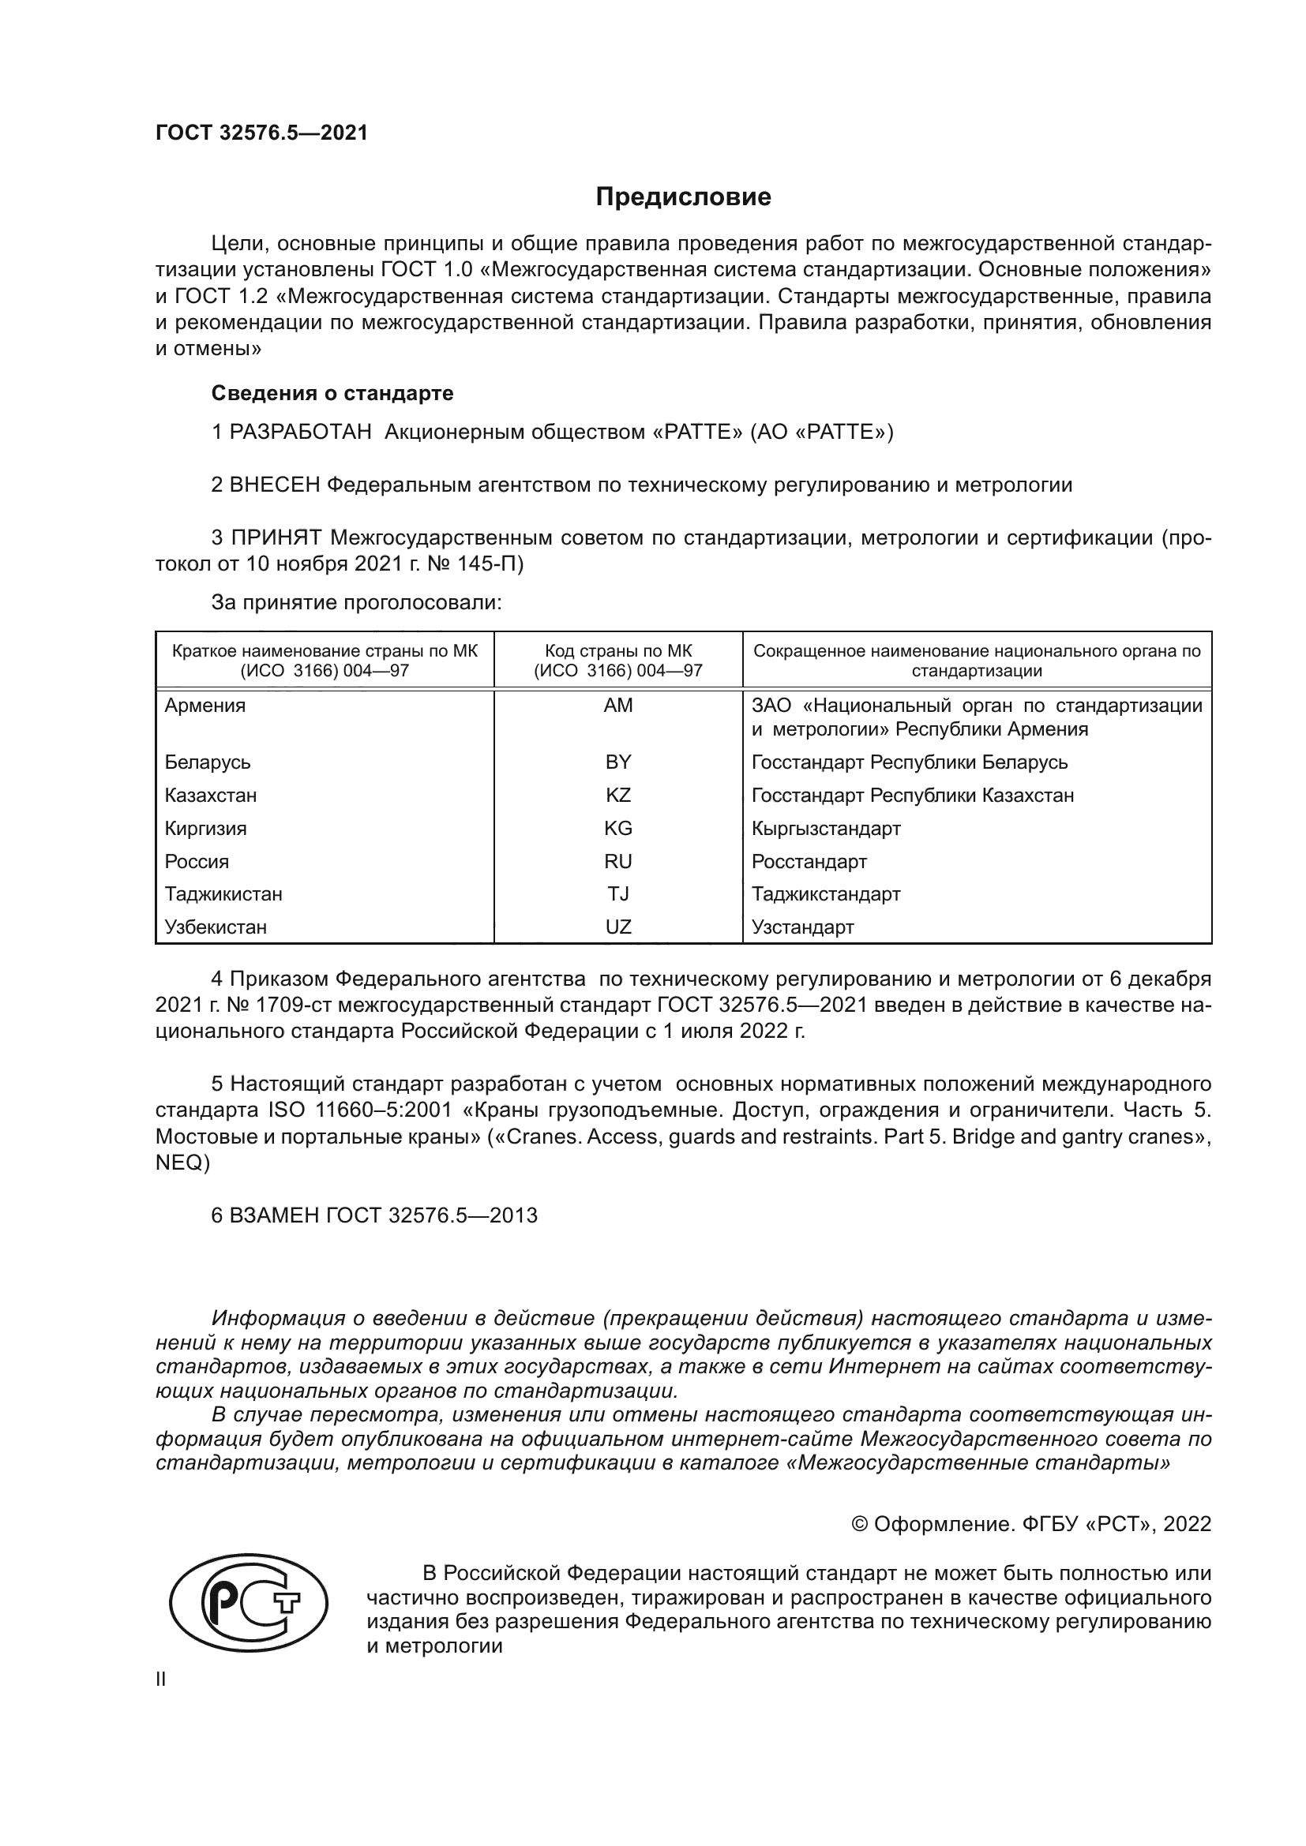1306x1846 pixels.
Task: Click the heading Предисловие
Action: coord(683,197)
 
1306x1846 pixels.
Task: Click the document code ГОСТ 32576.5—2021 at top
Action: coord(261,133)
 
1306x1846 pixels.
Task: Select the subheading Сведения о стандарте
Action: coord(332,393)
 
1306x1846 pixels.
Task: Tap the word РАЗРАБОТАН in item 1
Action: coord(301,432)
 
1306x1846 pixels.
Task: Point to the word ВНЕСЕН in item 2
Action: coord(275,485)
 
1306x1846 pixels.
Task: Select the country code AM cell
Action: coord(617,706)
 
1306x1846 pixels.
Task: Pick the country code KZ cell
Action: coord(617,796)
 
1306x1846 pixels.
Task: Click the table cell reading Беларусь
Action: coord(208,762)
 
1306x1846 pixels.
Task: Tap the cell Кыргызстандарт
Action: coord(825,828)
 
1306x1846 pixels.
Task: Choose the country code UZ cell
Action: coord(617,927)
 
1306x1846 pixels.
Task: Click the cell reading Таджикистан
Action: coord(223,894)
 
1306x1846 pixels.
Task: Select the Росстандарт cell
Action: coord(809,862)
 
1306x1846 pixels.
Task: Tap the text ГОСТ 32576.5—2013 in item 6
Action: coord(432,1215)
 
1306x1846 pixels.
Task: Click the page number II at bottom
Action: coord(161,1679)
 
